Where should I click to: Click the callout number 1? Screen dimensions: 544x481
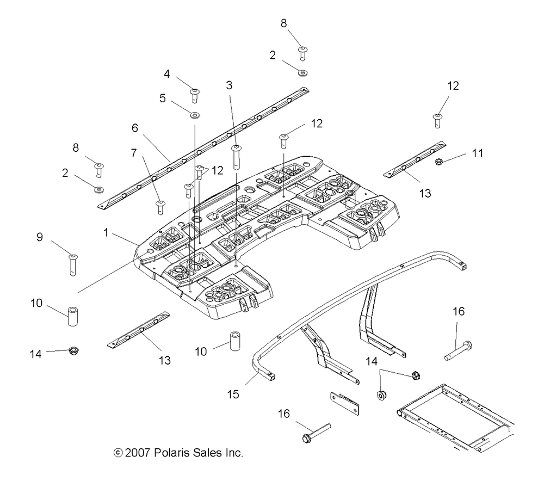pyautogui.click(x=106, y=232)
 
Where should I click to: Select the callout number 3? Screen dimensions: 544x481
pyautogui.click(x=229, y=85)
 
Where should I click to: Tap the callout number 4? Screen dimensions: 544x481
pyautogui.click(x=167, y=74)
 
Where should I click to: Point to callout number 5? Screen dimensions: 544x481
pyautogui.click(x=162, y=98)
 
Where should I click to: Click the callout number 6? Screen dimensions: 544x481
pyautogui.click(x=134, y=128)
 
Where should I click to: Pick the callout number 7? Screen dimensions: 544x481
pyautogui.click(x=134, y=153)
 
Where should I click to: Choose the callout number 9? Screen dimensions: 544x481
pyautogui.click(x=40, y=237)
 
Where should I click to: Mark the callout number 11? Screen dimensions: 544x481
pyautogui.click(x=478, y=153)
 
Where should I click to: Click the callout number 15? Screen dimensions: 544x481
pyautogui.click(x=233, y=394)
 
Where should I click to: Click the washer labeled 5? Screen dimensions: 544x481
pyautogui.click(x=194, y=115)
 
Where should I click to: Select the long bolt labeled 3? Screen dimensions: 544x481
pyautogui.click(x=236, y=157)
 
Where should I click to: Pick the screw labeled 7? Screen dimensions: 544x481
pyautogui.click(x=160, y=207)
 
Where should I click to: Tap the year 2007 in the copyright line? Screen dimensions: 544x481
pyautogui.click(x=138, y=453)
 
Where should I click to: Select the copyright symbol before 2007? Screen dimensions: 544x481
pyautogui.click(x=118, y=453)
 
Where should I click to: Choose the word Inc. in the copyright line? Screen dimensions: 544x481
pyautogui.click(x=234, y=453)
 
